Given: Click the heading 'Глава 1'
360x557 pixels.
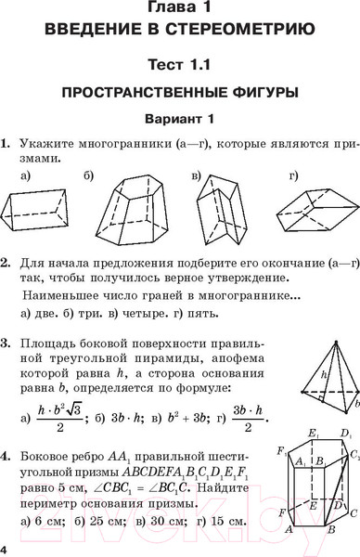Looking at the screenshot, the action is click(x=179, y=9).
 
